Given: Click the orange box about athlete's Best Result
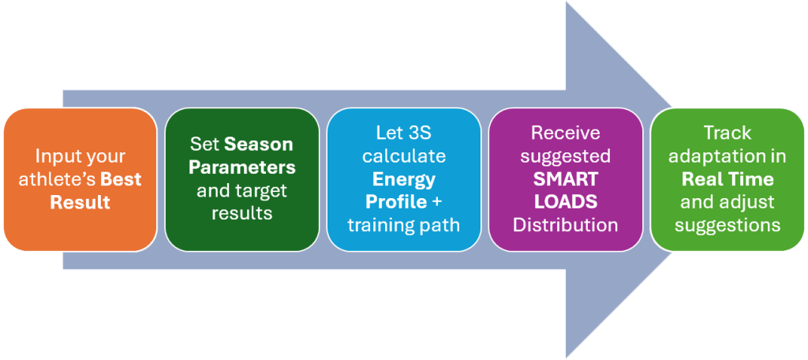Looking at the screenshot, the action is tap(80, 179).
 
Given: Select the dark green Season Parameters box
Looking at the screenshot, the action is tap(241, 179).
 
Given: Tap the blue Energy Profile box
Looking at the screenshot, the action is tap(403, 179).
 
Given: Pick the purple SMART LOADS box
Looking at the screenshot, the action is tap(565, 179).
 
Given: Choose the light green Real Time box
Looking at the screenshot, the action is tap(727, 179).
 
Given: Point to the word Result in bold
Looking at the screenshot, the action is tap(80, 201).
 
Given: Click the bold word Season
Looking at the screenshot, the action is tap(259, 144).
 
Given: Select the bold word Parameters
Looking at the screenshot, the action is tap(241, 167).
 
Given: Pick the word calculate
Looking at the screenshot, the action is tap(403, 156).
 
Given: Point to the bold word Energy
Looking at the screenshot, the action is tap(403, 179).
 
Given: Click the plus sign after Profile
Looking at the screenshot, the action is tap(436, 202).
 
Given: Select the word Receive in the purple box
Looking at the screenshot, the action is tap(565, 133).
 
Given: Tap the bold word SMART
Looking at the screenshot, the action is tap(565, 179).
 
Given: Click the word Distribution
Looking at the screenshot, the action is tap(565, 225).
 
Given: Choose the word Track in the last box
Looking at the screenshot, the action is tap(727, 133).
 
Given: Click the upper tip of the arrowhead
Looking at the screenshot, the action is tap(567, 2).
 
